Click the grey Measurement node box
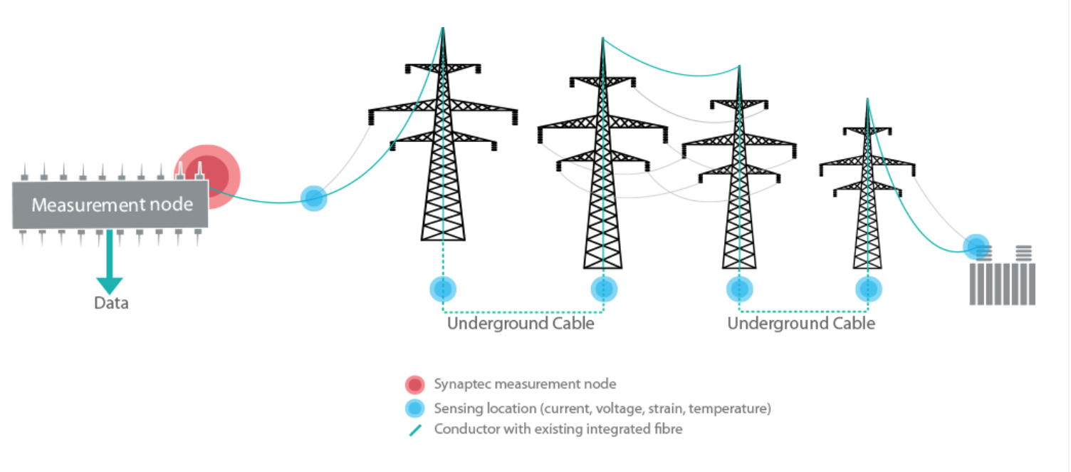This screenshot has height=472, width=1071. coord(110,205)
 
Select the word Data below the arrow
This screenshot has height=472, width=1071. coord(111,303)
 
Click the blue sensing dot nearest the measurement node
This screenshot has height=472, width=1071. coord(313,197)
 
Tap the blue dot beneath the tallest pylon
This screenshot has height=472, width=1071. coord(443,289)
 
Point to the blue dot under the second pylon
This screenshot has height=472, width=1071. coord(604,289)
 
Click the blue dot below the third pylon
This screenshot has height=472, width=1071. coord(739,289)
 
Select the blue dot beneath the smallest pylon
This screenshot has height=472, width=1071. coord(868,289)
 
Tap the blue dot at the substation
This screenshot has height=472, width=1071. coord(976,246)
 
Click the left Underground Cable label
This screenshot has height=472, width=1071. coord(521,324)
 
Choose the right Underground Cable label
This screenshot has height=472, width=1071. coord(801,324)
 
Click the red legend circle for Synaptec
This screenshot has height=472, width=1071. coord(415,384)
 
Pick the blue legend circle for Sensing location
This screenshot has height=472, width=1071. coord(415,409)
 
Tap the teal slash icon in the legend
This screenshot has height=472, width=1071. coord(415,430)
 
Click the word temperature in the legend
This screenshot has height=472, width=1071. coord(733,409)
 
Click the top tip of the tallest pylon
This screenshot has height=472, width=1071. coord(443,29)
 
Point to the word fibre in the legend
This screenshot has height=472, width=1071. coord(667,429)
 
